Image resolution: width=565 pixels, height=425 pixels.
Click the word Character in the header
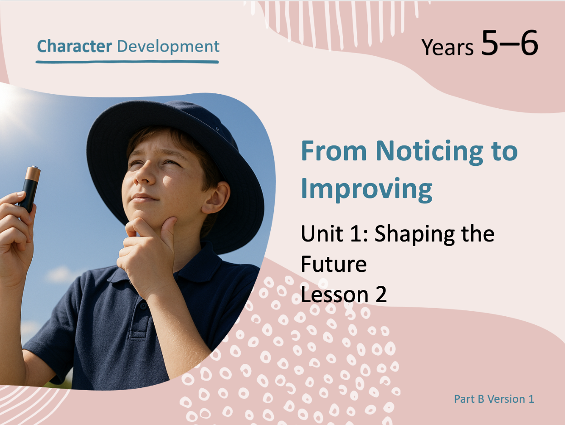(x=74, y=46)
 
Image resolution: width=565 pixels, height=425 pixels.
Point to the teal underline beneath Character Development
(x=127, y=62)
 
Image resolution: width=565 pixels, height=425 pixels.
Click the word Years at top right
(x=448, y=47)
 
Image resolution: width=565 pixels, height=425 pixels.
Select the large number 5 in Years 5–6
(x=490, y=43)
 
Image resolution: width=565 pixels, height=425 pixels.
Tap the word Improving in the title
(x=366, y=189)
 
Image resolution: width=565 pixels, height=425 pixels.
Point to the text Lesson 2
(x=344, y=294)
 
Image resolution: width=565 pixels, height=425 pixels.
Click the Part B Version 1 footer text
(x=494, y=399)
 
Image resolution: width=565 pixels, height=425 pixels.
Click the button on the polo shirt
(x=144, y=306)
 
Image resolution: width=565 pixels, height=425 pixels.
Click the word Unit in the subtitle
(x=322, y=233)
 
